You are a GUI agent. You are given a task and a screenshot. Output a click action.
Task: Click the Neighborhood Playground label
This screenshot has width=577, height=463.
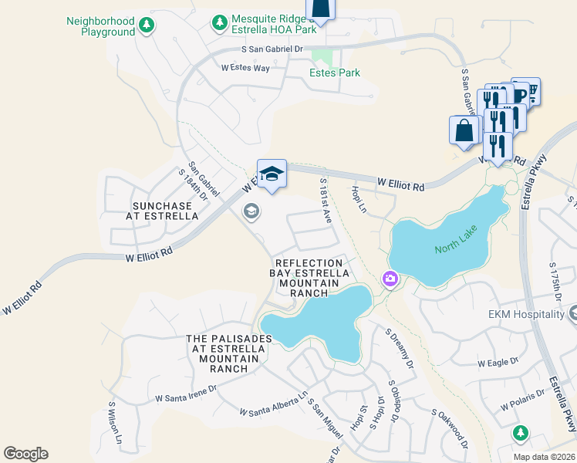coord(100,26)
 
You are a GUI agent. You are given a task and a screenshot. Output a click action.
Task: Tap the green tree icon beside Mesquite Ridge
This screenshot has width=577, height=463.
coord(221,22)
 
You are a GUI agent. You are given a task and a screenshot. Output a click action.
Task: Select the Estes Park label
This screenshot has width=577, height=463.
coord(335,73)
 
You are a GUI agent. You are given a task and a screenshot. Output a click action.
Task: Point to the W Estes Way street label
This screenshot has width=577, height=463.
coord(245,68)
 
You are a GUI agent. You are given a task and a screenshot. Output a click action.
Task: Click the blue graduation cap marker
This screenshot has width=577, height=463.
coord(272,174)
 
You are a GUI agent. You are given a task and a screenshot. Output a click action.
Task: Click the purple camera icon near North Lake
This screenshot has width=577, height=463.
coord(390,279)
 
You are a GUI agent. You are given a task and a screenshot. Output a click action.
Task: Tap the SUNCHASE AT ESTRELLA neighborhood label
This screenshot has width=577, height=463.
coord(165,211)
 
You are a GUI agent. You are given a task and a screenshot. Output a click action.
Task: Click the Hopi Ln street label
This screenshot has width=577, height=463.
coord(356,196)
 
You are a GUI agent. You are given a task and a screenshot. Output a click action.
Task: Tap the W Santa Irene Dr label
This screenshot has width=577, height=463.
coord(186,395)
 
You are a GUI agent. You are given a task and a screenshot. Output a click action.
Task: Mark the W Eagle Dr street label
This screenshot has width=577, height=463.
coord(496,362)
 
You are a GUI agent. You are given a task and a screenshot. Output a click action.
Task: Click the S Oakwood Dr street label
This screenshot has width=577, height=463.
coord(450,429)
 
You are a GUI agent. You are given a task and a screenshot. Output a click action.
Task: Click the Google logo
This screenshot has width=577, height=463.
coord(25,453)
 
